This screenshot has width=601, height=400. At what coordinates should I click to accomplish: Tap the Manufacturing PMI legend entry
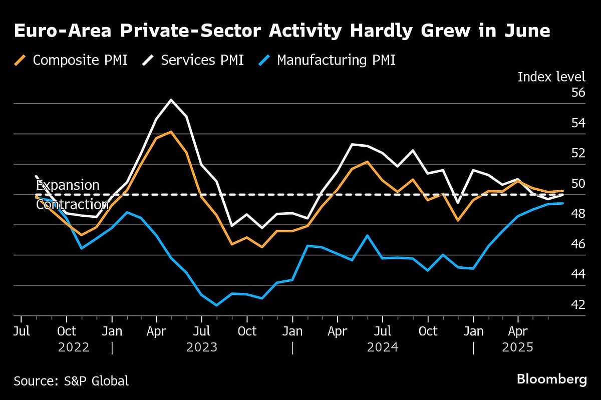click(x=328, y=61)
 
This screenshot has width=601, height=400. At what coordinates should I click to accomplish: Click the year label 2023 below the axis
click(x=202, y=347)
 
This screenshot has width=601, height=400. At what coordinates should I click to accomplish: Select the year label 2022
click(x=74, y=347)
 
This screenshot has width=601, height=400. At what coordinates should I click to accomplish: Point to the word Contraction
click(x=72, y=205)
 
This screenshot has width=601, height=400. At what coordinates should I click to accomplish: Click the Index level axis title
click(x=551, y=77)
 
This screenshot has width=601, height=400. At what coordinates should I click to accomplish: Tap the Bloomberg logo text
click(x=551, y=379)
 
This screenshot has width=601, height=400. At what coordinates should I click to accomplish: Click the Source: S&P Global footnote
click(x=71, y=380)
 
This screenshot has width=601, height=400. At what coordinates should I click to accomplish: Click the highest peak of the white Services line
click(x=171, y=100)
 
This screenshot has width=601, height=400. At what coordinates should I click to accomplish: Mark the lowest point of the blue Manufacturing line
click(x=216, y=305)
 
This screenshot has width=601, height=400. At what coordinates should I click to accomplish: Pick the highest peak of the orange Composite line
click(x=171, y=132)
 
